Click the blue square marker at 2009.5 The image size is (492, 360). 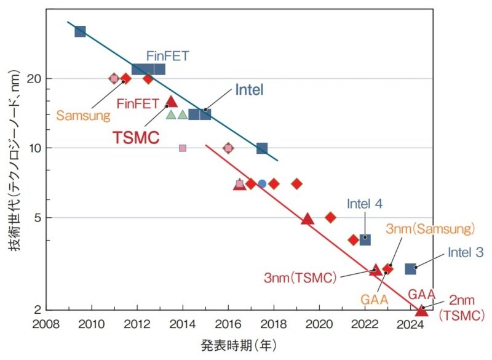pyautogui.click(x=80, y=31)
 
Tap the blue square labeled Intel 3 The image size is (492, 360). pyautogui.click(x=411, y=269)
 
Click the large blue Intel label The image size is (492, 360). pyautogui.click(x=249, y=90)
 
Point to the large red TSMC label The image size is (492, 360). pyautogui.click(x=136, y=137)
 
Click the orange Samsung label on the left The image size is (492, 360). pyautogui.click(x=83, y=114)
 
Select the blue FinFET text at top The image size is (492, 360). pyautogui.click(x=167, y=56)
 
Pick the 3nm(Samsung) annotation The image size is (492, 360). pyautogui.click(x=430, y=229)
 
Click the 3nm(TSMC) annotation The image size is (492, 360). pyautogui.click(x=300, y=278)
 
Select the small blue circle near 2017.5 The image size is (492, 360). pyautogui.click(x=262, y=183)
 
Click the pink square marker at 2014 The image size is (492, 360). pyautogui.click(x=183, y=148)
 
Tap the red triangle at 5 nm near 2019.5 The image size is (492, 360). pyautogui.click(x=307, y=218)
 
